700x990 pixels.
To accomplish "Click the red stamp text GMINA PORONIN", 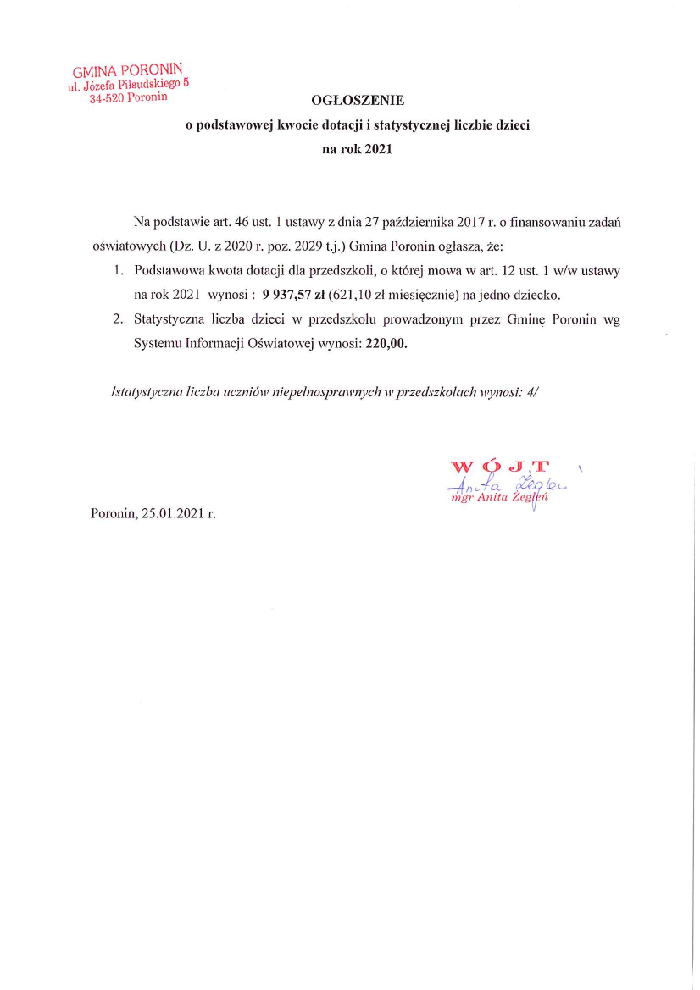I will point(127,70).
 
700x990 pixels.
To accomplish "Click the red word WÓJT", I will point(500,467).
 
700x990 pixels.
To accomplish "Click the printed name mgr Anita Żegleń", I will point(502,498).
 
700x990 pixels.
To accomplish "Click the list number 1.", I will point(118,271).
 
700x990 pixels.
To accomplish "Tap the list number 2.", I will point(118,320).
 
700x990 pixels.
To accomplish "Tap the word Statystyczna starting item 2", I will point(170,320).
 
